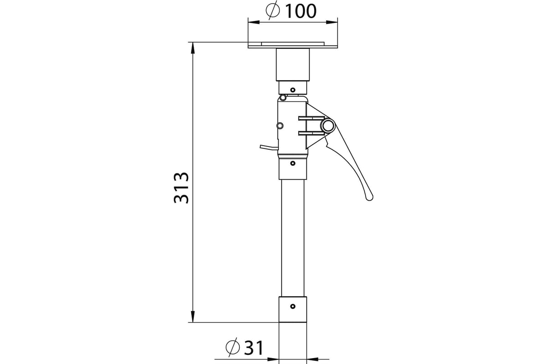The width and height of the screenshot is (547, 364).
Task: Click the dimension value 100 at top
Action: tap(301, 11)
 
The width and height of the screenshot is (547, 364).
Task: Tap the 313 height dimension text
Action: tap(181, 188)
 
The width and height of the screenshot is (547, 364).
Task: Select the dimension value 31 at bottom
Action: tap(254, 348)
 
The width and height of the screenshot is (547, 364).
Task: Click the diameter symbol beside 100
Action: tap(273, 10)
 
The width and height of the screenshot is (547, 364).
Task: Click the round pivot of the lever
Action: tap(327, 126)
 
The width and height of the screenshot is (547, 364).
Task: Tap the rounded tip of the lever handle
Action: tap(369, 197)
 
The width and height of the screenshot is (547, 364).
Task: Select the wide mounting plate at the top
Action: tap(293, 45)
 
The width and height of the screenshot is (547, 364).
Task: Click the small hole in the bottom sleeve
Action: tap(293, 306)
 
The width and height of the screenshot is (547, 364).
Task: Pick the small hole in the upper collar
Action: tap(293, 90)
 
